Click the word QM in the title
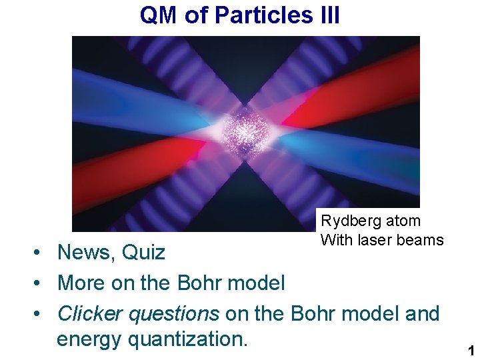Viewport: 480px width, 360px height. [159, 15]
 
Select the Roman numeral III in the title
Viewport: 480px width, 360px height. [325, 15]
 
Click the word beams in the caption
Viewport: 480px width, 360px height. [421, 240]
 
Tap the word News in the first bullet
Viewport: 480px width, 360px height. [83, 253]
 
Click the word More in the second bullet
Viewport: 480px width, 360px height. [80, 283]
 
